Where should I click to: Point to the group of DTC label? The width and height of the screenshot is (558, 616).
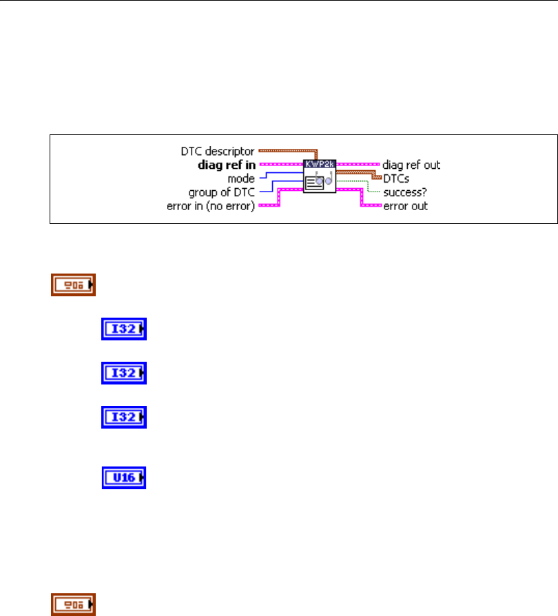tap(222, 192)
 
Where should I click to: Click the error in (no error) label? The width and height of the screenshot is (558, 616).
tap(211, 206)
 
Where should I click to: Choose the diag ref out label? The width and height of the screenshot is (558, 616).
tap(411, 165)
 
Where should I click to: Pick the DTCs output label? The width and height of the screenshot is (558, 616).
tap(397, 178)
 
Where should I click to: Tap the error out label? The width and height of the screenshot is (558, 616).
tap(406, 206)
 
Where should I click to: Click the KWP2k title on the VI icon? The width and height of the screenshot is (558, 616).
tap(319, 165)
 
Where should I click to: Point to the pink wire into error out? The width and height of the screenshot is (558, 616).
tap(372, 206)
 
